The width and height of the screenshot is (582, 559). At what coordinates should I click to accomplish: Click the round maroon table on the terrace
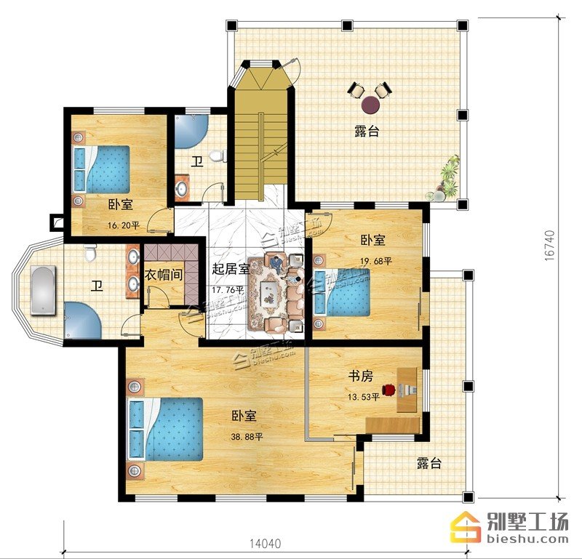point(371,105)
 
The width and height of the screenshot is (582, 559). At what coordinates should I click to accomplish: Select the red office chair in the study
point(389,390)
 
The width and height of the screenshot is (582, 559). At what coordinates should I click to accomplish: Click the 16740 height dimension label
point(550,246)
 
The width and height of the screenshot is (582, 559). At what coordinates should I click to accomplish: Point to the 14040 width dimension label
point(265,544)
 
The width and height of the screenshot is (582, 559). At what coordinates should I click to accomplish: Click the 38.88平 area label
point(247,437)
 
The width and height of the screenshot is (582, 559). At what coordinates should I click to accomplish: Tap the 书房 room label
point(360,377)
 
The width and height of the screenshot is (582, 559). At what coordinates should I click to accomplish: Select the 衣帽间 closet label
point(163,275)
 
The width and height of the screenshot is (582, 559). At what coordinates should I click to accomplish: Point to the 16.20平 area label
point(124,225)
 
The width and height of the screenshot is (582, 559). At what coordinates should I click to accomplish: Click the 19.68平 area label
point(376,262)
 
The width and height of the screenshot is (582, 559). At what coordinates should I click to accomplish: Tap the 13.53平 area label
point(363,398)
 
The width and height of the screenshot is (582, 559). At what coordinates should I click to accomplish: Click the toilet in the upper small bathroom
point(218,156)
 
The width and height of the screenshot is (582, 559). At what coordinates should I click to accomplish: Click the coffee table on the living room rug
point(270,294)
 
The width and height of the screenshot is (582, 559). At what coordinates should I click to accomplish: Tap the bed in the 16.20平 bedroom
point(101,169)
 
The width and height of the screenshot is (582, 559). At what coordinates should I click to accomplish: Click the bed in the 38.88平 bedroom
point(165,430)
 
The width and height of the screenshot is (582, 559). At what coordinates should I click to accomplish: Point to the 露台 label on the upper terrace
point(367,131)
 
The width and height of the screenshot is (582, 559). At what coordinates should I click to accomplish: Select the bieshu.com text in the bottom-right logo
point(527,538)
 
